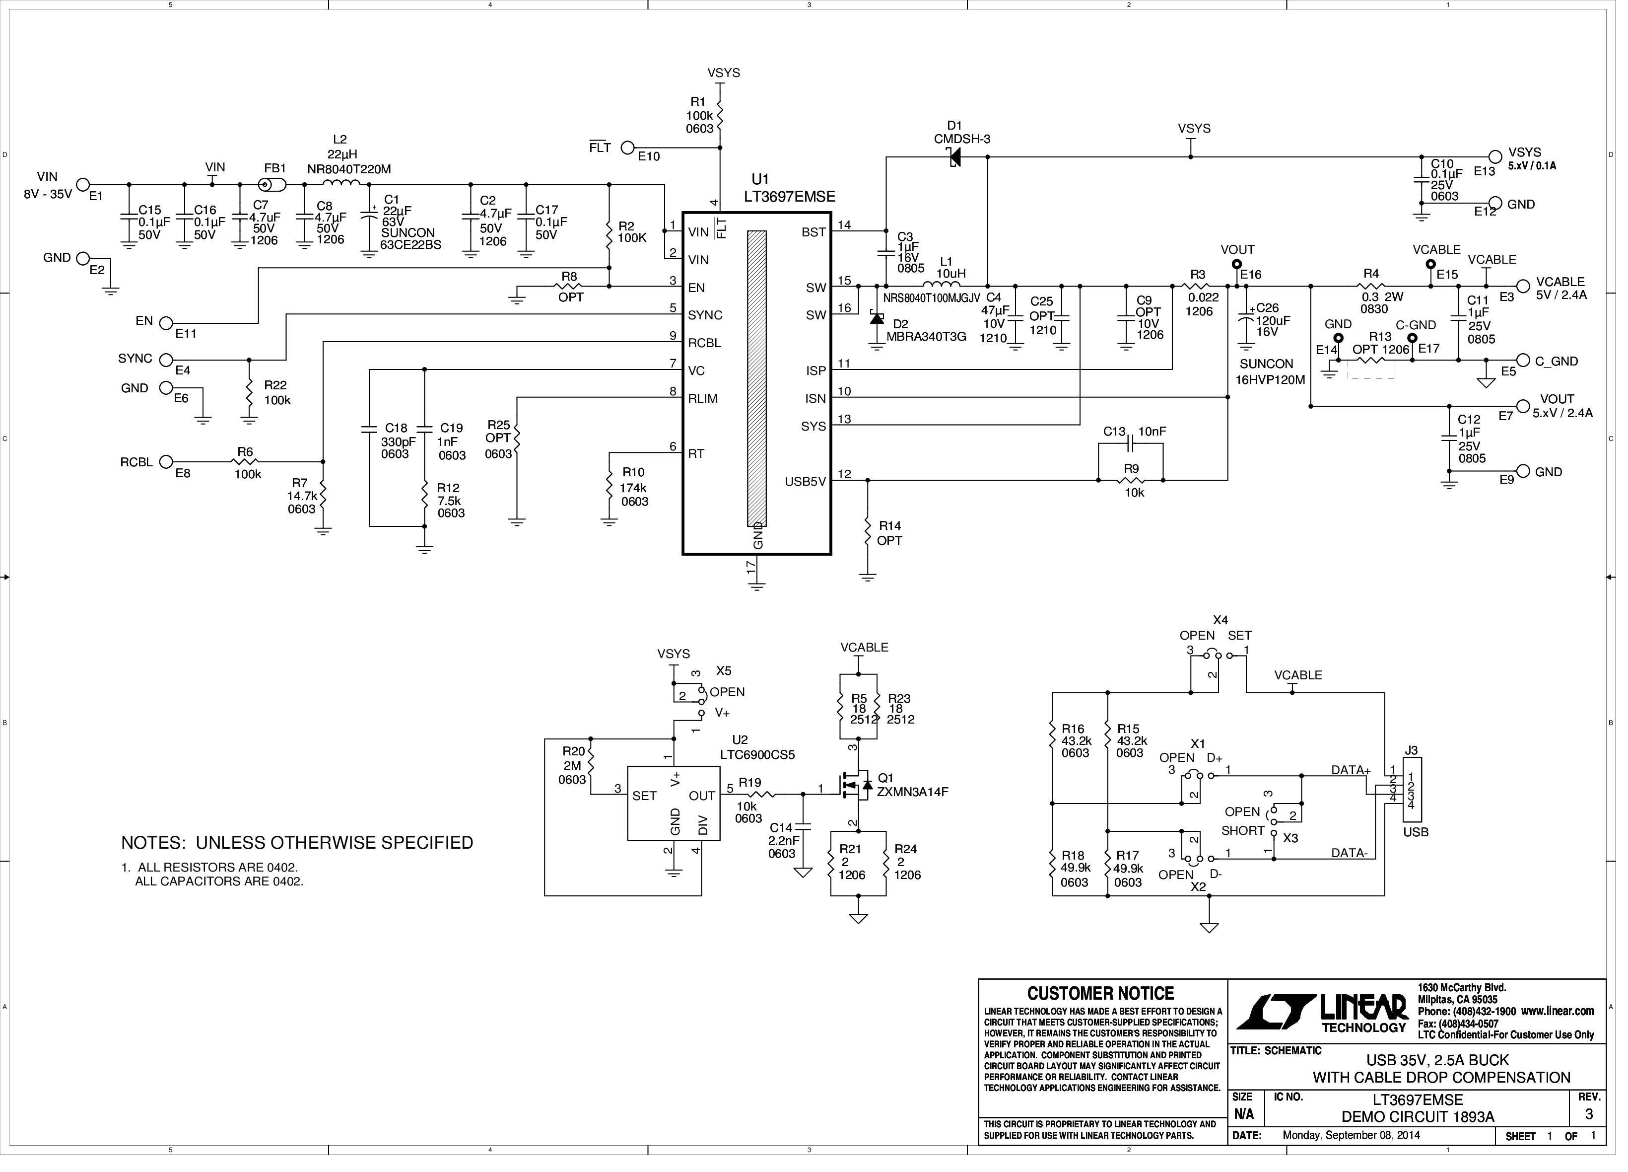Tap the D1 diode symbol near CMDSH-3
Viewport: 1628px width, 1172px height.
click(x=954, y=156)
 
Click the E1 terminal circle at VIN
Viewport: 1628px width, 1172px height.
click(x=83, y=185)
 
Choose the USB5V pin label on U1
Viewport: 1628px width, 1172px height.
click(x=806, y=482)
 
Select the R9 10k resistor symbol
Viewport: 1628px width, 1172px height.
click(x=1131, y=480)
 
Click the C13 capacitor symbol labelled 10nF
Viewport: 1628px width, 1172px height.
click(x=1131, y=445)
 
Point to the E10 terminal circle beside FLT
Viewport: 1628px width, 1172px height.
click(x=627, y=148)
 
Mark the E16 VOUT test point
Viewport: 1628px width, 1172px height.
click(x=1236, y=264)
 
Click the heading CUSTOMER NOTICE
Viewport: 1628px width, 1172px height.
click(x=1100, y=994)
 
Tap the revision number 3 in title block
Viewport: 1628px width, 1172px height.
click(x=1589, y=1114)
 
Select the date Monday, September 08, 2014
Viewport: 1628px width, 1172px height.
click(x=1351, y=1135)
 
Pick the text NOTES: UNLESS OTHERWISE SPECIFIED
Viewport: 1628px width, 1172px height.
click(x=297, y=843)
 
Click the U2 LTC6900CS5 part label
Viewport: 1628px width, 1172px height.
click(x=757, y=755)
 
